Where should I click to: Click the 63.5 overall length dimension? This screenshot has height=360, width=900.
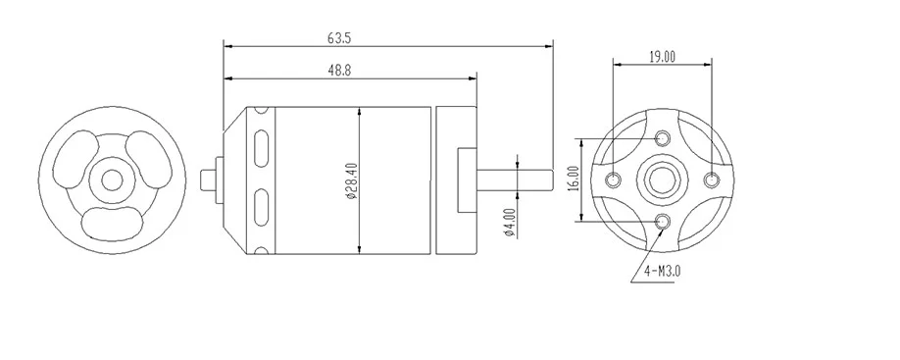pyautogui.click(x=339, y=38)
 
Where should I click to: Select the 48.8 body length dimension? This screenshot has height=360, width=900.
pyautogui.click(x=339, y=70)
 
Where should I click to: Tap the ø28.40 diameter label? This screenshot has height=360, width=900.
pyautogui.click(x=351, y=180)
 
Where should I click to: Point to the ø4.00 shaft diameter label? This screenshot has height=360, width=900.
pyautogui.click(x=509, y=223)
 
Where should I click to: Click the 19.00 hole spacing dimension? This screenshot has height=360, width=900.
pyautogui.click(x=662, y=56)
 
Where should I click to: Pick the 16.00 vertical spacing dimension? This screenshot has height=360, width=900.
pyautogui.click(x=573, y=180)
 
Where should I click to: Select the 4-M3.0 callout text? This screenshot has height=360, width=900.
pyautogui.click(x=662, y=271)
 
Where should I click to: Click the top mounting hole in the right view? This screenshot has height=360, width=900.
pyautogui.click(x=663, y=138)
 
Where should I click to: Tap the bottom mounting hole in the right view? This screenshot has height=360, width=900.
pyautogui.click(x=663, y=221)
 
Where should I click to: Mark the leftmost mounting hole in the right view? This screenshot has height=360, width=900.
pyautogui.click(x=614, y=180)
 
